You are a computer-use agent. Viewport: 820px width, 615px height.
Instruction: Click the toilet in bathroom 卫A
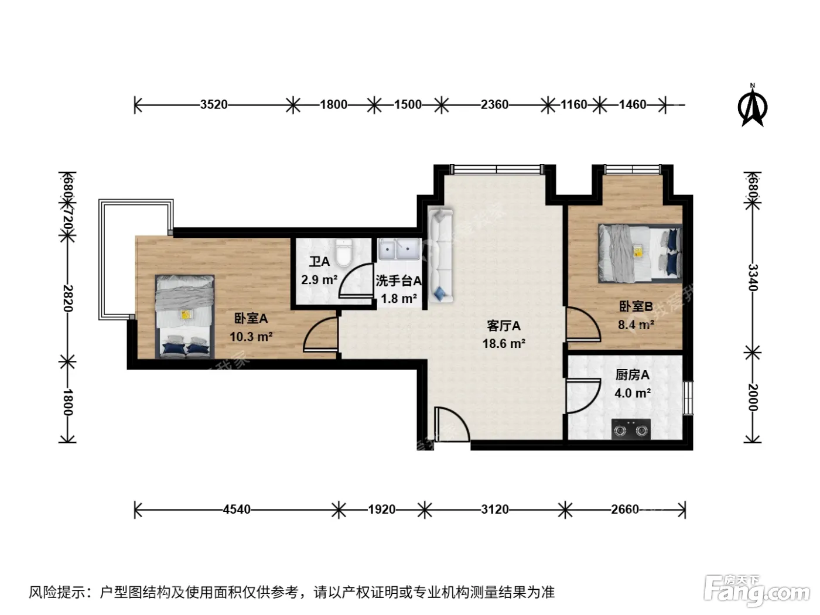344,253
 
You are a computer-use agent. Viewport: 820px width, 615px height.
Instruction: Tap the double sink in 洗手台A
399,250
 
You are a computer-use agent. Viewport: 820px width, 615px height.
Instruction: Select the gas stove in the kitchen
631,429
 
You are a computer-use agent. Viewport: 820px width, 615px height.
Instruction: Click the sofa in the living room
441,255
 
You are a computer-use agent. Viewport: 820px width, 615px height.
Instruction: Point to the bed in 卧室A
184,317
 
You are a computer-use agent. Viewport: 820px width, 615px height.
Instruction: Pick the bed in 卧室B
640,253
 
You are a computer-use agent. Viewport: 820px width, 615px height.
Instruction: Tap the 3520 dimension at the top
214,105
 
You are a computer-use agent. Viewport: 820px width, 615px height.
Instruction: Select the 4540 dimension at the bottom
237,510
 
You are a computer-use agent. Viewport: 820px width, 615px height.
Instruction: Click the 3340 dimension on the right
753,278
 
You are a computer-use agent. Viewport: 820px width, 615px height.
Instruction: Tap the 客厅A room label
504,326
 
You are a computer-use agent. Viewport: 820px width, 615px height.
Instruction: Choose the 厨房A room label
633,375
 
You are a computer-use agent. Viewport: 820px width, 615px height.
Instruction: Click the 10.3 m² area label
251,337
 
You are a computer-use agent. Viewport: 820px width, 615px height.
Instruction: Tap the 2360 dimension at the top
494,105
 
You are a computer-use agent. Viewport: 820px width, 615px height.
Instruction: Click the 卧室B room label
636,306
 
